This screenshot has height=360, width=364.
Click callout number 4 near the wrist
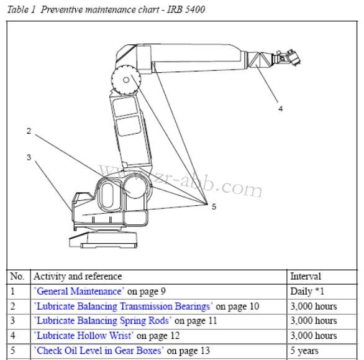pos(280,109)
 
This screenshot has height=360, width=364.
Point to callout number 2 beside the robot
pos(29,131)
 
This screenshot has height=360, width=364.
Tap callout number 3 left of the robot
pos(29,157)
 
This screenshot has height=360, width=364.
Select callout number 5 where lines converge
pos(214,207)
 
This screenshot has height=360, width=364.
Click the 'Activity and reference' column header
pos(78,277)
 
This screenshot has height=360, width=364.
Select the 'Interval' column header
pos(306,277)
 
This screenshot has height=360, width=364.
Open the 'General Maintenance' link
pos(78,291)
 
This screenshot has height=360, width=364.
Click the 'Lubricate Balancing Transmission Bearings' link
pos(123,306)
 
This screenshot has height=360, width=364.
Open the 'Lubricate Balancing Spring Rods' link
pos(102,321)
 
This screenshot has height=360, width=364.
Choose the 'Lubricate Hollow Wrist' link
pos(84,336)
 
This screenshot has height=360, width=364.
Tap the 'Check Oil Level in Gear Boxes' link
pos(98,351)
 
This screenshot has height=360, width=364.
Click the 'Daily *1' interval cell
pos(308,291)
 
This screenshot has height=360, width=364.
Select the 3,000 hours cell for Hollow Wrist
pos(314,336)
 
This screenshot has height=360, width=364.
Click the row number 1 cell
pos(13,291)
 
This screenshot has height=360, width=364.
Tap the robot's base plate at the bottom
pos(112,239)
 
